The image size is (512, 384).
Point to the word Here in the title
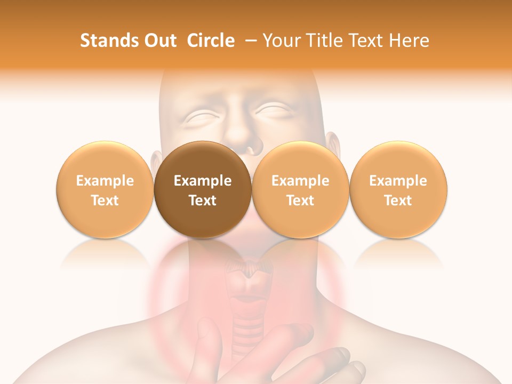point(409,41)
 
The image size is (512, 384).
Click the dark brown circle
point(203,189)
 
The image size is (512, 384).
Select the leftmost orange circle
point(105,189)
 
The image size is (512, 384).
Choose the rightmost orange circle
point(398,189)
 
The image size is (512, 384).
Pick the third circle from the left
point(300,189)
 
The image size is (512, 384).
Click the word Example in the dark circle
point(203,181)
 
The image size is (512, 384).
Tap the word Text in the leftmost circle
point(105,201)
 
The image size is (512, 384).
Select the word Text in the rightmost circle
point(398,201)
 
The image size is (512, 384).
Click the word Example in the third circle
point(300,181)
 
